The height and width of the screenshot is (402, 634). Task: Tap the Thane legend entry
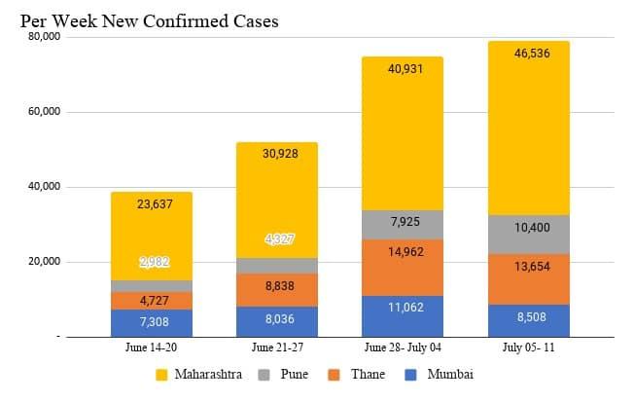coord(359,375)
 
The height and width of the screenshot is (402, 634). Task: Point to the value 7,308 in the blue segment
coord(152,320)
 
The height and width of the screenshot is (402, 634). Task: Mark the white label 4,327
coord(277,238)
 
